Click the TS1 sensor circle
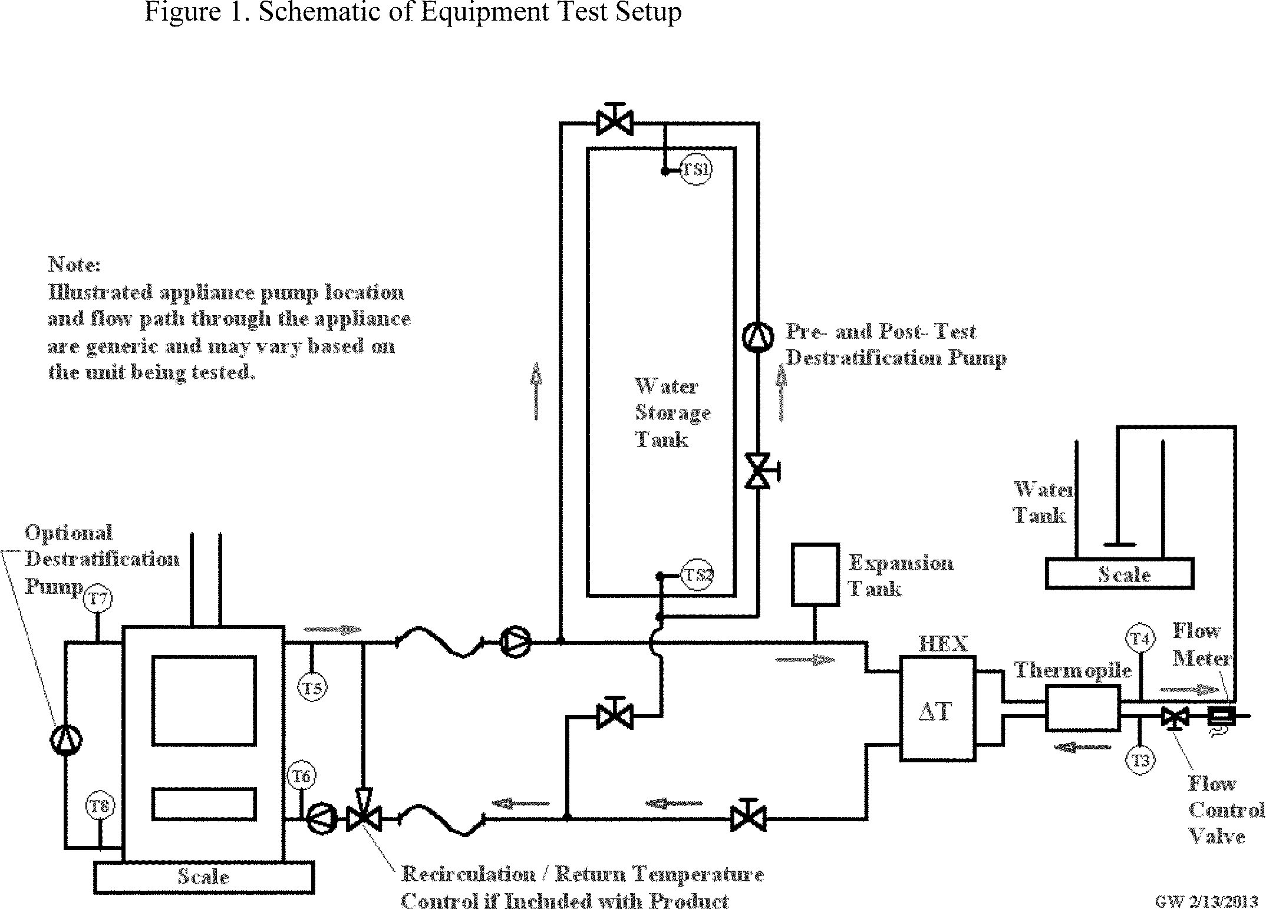695,170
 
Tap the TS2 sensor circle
697,575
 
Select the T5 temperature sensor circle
312,687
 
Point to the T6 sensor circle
301,776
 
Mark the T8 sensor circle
100,806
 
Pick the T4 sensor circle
1140,639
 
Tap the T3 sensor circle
1140,761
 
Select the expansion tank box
815,574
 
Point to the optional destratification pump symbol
66,740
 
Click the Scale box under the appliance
203,877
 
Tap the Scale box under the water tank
1119,574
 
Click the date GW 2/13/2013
1202,902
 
